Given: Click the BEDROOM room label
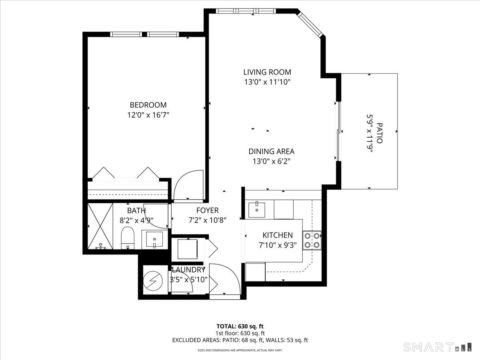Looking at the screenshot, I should [x=148, y=105].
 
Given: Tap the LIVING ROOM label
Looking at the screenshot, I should [x=267, y=72].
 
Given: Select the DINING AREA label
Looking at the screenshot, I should [x=271, y=152].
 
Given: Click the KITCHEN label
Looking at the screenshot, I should [x=277, y=235].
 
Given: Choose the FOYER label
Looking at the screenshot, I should [x=207, y=210].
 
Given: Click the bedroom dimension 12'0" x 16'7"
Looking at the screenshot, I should [x=148, y=115].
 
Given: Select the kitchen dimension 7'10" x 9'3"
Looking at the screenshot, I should [x=277, y=245].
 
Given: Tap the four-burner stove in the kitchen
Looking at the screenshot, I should [x=312, y=240].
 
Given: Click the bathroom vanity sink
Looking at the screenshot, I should [x=154, y=240].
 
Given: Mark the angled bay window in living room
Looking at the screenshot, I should [x=310, y=24].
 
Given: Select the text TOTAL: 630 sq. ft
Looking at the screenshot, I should [x=240, y=326].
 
